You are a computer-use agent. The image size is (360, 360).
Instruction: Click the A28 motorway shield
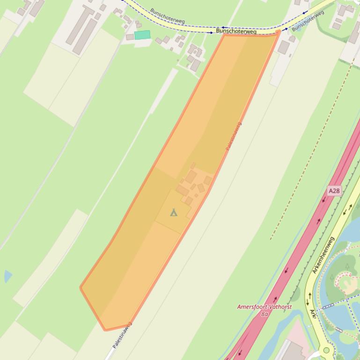coord(334,191)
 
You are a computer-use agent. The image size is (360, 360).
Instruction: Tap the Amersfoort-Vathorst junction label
coord(264,307)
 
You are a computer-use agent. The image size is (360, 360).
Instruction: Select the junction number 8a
coord(264,314)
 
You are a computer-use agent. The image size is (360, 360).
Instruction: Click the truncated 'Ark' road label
coord(313,314)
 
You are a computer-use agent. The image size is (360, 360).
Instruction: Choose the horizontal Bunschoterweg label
coord(236,31)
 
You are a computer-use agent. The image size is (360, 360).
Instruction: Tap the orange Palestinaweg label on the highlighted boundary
coord(234,136)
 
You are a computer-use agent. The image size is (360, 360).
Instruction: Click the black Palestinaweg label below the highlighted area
coord(122,335)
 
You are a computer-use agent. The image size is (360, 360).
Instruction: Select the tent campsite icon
coord(174,213)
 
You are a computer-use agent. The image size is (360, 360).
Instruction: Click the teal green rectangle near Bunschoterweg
coord(142,35)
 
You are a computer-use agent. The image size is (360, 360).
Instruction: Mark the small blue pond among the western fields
coord(7,276)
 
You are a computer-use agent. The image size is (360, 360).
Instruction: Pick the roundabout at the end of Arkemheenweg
coord(326,350)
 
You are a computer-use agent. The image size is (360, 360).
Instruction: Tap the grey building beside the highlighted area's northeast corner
coord(284,47)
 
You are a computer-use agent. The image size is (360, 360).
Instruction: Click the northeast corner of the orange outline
coord(279,31)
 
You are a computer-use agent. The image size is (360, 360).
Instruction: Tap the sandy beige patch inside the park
coord(347,282)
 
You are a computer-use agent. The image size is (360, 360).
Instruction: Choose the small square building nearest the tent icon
coord(189,201)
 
